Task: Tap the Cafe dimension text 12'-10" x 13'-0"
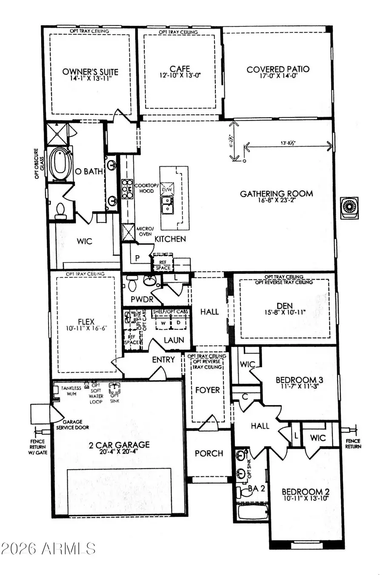point(179,75)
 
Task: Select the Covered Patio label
point(278,69)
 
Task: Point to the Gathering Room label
point(276,194)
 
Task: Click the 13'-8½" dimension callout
point(291,143)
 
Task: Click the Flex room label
point(86,322)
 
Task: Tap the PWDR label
point(142,300)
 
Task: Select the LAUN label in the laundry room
point(174,340)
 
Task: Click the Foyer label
point(207,390)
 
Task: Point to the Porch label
point(209,453)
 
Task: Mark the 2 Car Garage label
point(119,445)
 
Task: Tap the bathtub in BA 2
point(252,512)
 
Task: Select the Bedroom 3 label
point(296,380)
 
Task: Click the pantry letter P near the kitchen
point(137,258)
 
